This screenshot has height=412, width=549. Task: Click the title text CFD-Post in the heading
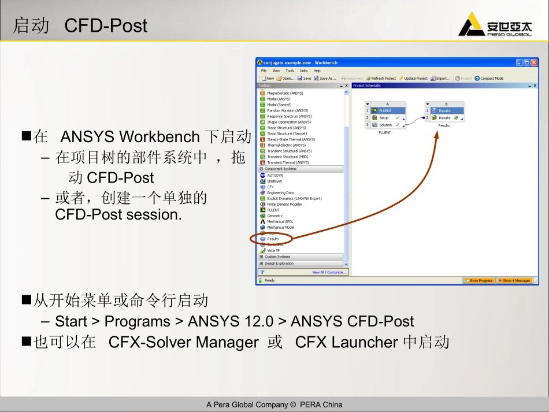click(106, 25)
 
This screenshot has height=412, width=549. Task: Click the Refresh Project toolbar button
click(381, 78)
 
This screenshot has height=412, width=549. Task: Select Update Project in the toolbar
click(413, 78)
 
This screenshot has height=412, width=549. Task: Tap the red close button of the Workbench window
click(534, 62)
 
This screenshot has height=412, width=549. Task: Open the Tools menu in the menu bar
click(290, 70)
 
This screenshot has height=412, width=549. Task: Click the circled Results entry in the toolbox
click(272, 239)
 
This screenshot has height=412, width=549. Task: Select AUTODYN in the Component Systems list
click(275, 175)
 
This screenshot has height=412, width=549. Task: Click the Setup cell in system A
click(384, 118)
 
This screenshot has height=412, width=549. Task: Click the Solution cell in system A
click(385, 125)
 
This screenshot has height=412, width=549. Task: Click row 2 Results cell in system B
click(444, 118)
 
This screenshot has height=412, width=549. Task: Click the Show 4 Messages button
click(514, 280)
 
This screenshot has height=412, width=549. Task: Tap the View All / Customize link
click(329, 272)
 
